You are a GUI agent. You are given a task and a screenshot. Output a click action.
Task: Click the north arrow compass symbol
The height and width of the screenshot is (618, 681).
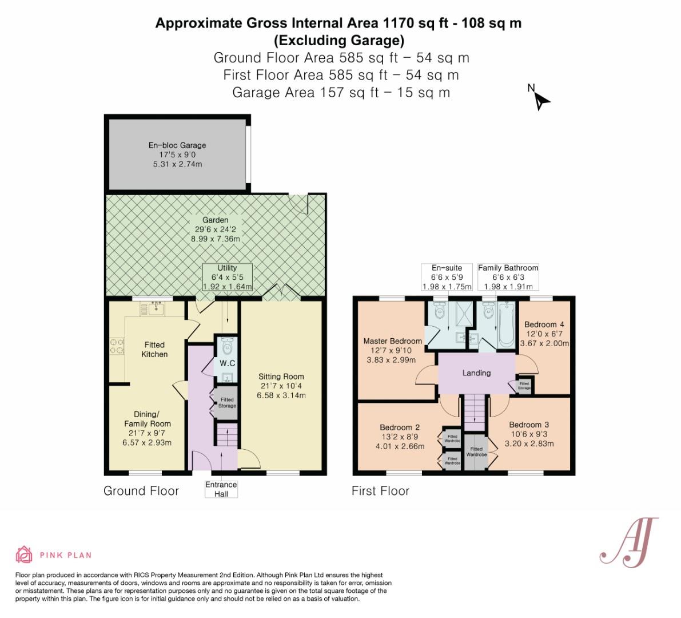tap(540, 101)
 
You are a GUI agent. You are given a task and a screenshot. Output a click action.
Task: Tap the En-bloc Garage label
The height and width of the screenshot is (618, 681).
tap(177, 145)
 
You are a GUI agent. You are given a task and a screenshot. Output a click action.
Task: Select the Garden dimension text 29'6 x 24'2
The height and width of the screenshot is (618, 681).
tap(215, 229)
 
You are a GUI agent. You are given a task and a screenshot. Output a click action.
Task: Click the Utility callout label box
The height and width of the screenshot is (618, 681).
tap(227, 278)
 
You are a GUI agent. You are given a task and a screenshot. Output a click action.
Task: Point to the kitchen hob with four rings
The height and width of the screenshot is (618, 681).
tap(117, 346)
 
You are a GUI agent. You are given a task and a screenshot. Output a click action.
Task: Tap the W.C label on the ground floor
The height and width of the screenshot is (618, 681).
tap(227, 363)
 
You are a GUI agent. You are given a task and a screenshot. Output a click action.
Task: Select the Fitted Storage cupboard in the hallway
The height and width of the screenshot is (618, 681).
tap(226, 403)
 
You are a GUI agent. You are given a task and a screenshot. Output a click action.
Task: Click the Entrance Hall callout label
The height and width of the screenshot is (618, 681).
tap(221, 489)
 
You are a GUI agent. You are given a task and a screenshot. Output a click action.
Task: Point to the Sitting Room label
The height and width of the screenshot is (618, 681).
tap(281, 377)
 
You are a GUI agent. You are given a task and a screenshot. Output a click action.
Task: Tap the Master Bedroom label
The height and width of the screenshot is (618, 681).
tap(392, 341)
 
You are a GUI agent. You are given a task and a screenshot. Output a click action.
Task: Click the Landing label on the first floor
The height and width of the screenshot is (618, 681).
tap(476, 373)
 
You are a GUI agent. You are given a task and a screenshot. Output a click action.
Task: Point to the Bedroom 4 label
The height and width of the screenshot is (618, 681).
tap(544, 324)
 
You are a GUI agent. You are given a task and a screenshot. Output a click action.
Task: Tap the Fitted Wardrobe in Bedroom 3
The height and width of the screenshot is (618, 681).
tap(476, 452)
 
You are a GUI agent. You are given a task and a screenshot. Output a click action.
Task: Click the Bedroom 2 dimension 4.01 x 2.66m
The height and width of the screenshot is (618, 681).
tap(400, 446)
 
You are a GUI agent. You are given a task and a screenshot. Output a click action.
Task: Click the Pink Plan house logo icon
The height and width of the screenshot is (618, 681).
tap(24, 554)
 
